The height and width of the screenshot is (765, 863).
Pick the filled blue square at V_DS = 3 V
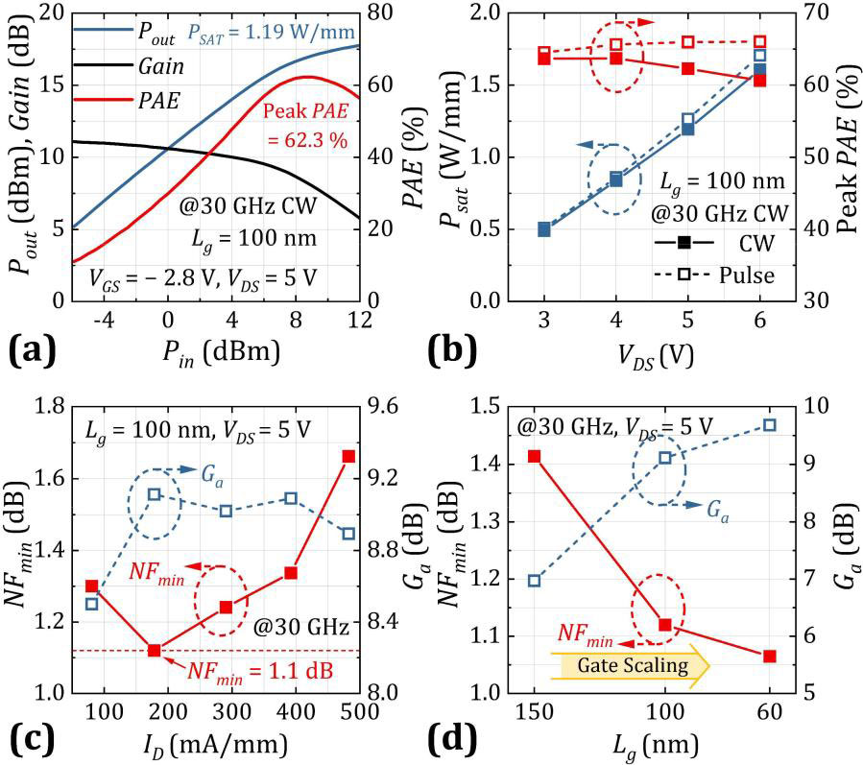click(x=544, y=229)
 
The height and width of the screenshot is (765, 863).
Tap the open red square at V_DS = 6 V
click(x=759, y=42)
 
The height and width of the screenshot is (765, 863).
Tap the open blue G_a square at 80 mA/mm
click(x=92, y=604)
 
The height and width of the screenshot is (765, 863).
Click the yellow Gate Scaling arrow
click(x=630, y=664)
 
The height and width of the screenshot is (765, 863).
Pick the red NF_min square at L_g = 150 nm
click(x=535, y=456)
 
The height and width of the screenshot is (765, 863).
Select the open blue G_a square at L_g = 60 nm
click(x=769, y=424)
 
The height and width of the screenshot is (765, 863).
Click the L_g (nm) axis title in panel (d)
click(x=650, y=745)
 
